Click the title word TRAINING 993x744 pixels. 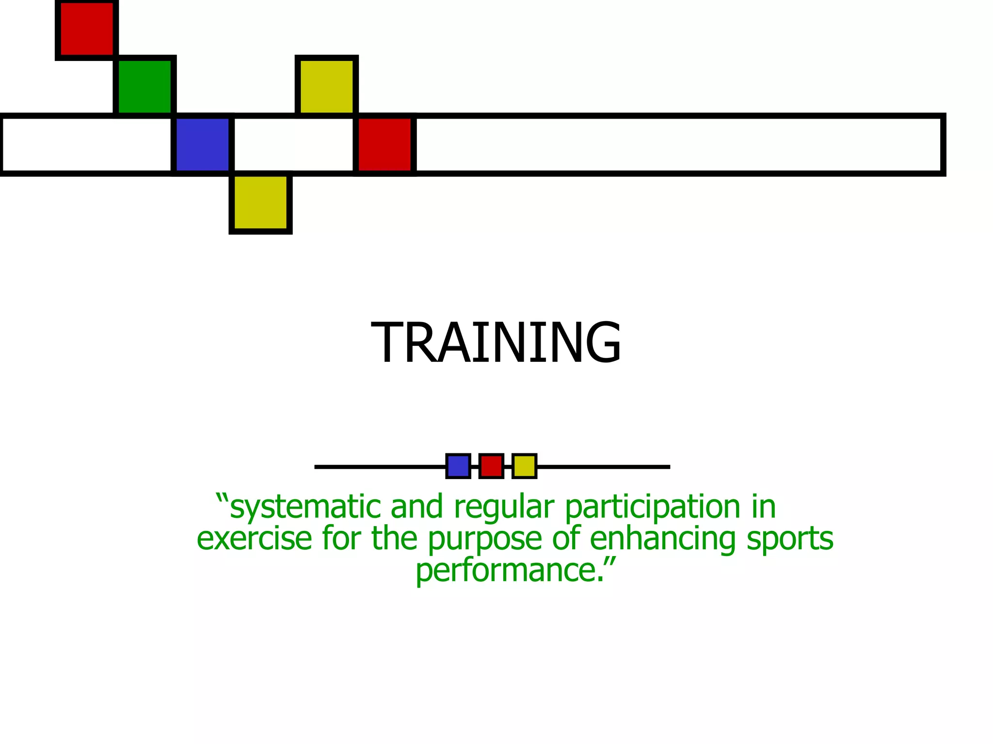(x=496, y=343)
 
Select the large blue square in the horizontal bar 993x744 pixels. (x=203, y=144)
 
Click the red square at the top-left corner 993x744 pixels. (x=87, y=29)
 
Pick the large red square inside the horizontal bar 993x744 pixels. (x=384, y=144)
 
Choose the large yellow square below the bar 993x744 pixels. (x=260, y=202)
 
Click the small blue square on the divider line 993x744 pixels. (x=458, y=466)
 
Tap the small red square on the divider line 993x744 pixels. (x=491, y=466)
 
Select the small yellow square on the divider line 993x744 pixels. (x=524, y=466)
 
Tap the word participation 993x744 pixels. (x=653, y=507)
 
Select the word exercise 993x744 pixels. (x=254, y=539)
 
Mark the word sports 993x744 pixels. (x=790, y=540)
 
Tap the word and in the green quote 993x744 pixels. (x=416, y=507)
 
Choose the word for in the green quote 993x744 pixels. (x=341, y=539)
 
